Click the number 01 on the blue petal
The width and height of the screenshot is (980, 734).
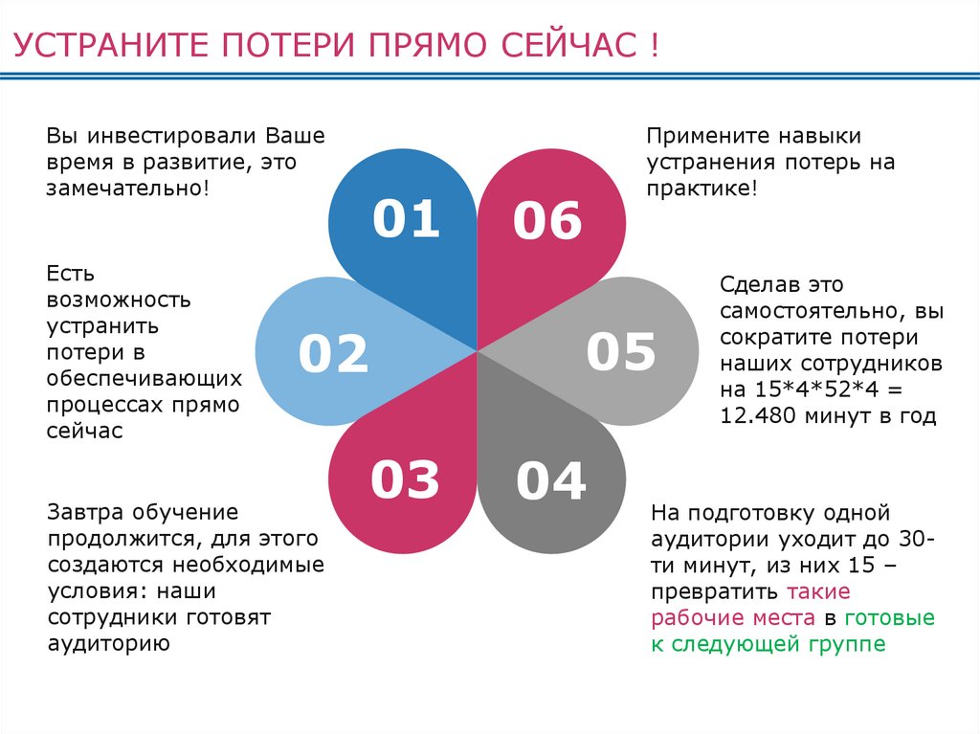pos(406,219)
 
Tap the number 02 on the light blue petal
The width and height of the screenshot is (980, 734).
pos(333,353)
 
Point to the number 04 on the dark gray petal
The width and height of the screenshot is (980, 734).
pos(550,480)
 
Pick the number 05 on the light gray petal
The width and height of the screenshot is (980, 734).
pos(621,351)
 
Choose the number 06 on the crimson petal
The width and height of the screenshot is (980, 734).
pos(547,221)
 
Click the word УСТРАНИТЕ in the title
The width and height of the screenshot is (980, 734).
pos(112,46)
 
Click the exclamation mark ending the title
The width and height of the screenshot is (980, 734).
pos(653,46)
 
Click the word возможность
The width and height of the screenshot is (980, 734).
pos(119,300)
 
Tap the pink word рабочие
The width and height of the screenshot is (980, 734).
pos(700,617)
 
